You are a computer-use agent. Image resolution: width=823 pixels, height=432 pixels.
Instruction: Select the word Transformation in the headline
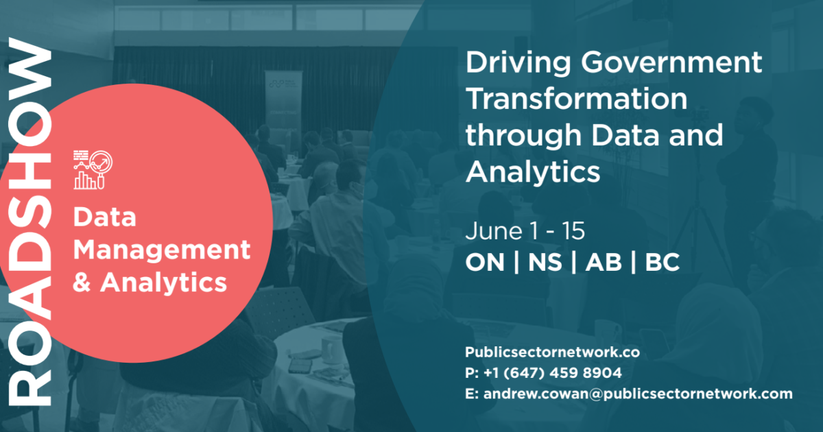(x=576, y=99)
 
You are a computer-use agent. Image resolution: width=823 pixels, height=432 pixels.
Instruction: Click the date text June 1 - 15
(x=525, y=231)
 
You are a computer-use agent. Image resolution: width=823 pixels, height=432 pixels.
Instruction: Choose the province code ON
(x=484, y=264)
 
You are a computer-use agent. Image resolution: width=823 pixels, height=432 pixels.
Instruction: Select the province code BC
(x=662, y=264)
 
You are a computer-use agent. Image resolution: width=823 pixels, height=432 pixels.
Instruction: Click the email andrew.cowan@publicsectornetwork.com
(x=638, y=394)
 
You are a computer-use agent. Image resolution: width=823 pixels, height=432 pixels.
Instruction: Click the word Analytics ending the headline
(x=533, y=171)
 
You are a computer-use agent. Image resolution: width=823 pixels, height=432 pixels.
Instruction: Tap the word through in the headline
(x=524, y=135)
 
